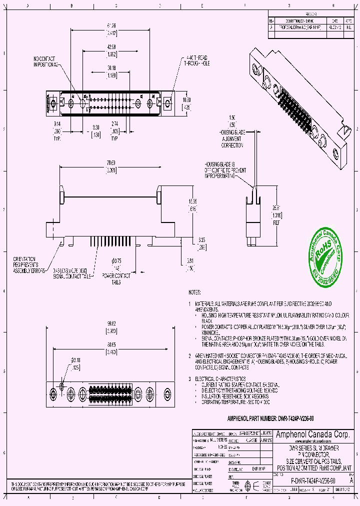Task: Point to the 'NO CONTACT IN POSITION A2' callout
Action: point(47,61)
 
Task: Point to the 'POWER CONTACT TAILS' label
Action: point(116,278)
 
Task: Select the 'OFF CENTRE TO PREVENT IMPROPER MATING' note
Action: point(224,170)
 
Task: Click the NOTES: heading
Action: point(194,292)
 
